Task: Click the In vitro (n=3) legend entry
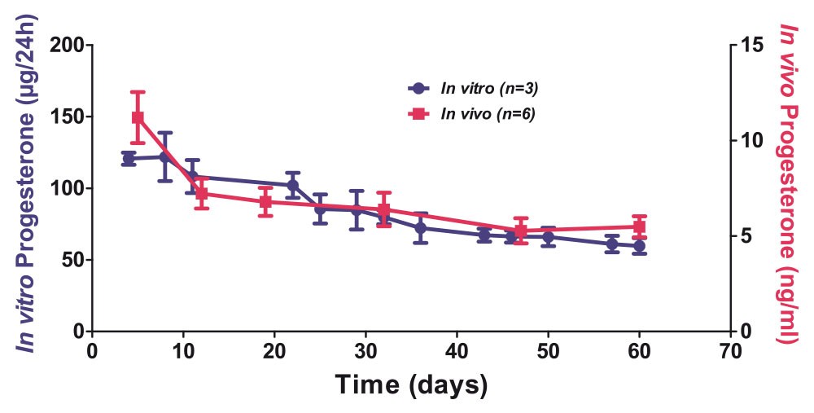[472, 88]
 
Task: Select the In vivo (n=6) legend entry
[472, 114]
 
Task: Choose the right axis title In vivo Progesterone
[786, 183]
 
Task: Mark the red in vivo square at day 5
[138, 117]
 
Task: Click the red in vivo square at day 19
[265, 201]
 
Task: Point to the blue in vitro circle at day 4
[129, 158]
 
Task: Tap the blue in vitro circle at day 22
[293, 185]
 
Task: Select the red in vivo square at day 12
[202, 194]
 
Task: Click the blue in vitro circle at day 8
[165, 156]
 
